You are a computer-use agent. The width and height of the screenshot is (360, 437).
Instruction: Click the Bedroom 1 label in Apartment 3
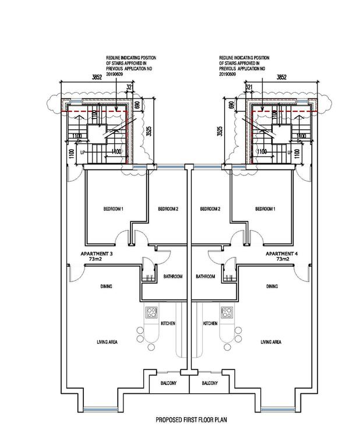click(114, 209)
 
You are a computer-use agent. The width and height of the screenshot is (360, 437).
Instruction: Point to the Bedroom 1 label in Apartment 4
click(265, 209)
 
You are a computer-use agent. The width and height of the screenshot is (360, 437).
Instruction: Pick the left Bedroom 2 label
click(168, 209)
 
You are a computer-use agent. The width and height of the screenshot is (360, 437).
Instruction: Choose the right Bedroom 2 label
click(210, 209)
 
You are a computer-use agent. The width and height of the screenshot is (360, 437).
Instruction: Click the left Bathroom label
click(173, 276)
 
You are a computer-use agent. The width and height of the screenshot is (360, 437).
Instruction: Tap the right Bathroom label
click(206, 276)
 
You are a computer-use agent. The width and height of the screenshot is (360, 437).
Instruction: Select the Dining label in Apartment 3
click(105, 287)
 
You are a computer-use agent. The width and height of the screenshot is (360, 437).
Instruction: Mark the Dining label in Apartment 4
click(271, 287)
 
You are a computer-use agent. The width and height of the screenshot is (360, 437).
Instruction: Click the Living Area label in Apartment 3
click(107, 342)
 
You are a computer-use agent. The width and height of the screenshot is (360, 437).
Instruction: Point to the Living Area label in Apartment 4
click(271, 342)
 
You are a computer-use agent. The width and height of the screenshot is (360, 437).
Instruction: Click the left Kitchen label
click(168, 323)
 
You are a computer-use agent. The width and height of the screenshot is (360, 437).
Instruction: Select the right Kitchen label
click(210, 323)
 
